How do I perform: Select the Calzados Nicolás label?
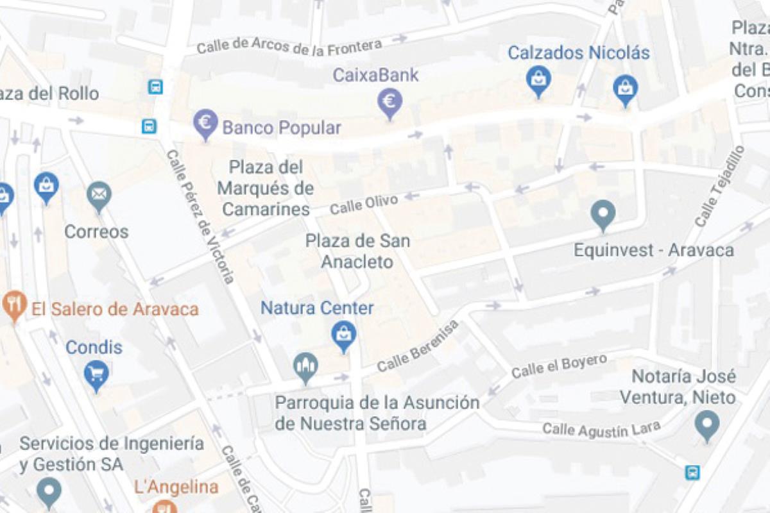pos(579,53)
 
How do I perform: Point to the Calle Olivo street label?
pos(364,203)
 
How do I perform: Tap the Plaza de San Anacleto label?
pos(357,251)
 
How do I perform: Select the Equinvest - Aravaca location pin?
pos(603,215)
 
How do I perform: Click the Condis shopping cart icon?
pos(96,374)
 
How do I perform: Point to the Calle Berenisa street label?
pos(418,347)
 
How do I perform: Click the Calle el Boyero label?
pos(559,366)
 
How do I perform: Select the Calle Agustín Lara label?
pos(601,429)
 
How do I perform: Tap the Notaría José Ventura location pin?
pos(707,425)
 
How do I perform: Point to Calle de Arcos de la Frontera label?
pos(289,46)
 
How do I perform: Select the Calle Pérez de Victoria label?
pos(200,216)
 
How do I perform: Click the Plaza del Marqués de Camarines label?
pos(266,189)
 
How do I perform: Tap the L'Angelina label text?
pos(176,487)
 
